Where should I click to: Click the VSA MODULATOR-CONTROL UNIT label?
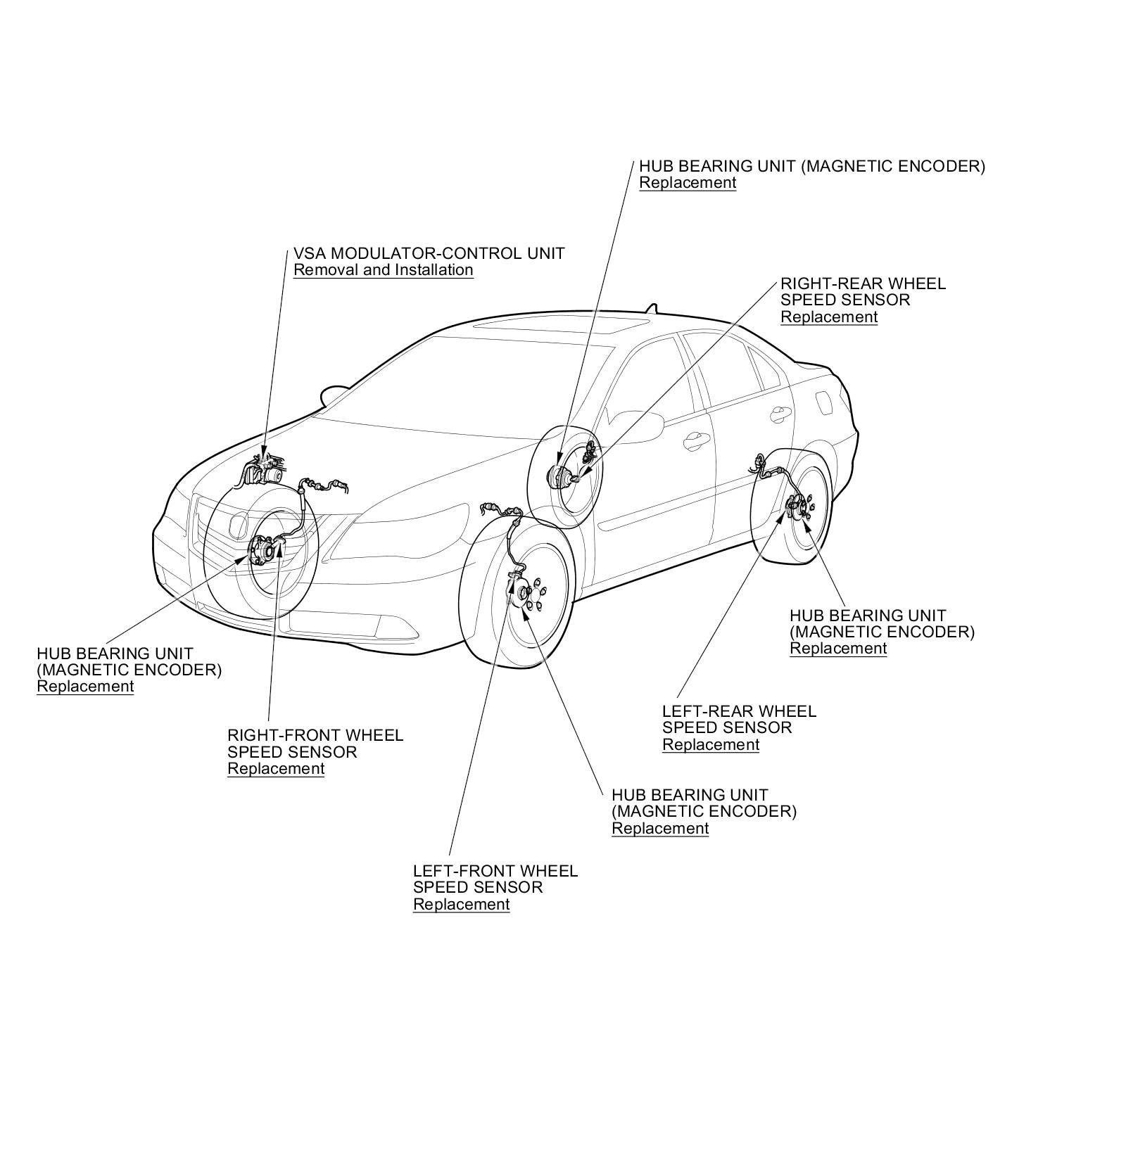pos(429,253)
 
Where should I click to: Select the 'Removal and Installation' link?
pos(383,270)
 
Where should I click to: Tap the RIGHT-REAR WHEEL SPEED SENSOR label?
pos(863,291)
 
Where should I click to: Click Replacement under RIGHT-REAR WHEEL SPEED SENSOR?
pos(829,317)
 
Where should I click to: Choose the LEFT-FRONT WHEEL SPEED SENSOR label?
pos(495,879)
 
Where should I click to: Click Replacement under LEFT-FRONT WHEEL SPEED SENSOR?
pos(461,905)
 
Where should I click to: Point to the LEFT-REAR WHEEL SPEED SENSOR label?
pos(739,719)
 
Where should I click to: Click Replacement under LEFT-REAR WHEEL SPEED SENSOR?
pos(711,745)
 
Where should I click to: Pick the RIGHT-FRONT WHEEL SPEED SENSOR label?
pos(315,744)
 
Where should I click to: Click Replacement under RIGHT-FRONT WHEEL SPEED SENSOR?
pos(276,769)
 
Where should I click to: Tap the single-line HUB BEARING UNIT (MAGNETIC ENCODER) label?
pos(811,167)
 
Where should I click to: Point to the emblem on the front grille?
pos(238,524)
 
